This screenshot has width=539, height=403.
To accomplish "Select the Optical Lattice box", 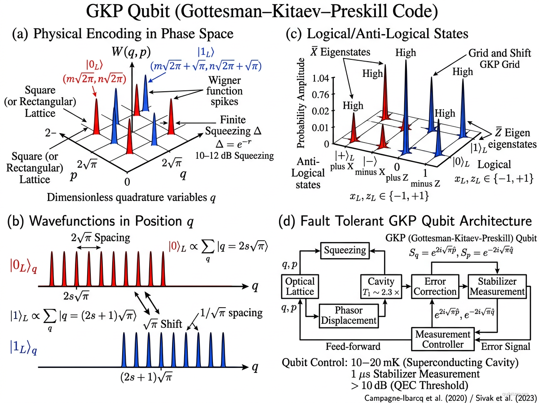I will [x=300, y=286].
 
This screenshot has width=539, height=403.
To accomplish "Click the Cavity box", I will [x=380, y=286].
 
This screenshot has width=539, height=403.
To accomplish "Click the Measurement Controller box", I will [x=443, y=340].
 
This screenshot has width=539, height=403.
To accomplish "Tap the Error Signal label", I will [x=505, y=347].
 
